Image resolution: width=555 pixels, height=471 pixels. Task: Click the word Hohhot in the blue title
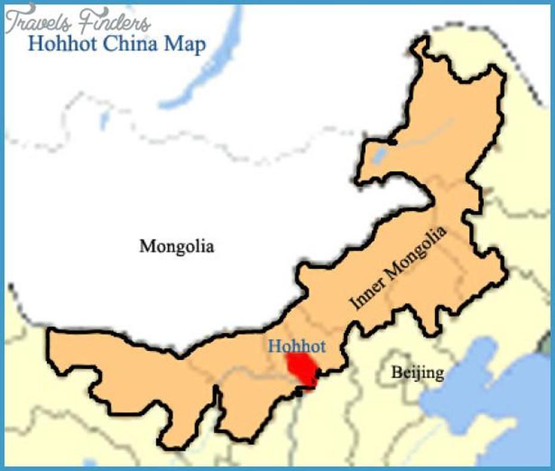(64, 45)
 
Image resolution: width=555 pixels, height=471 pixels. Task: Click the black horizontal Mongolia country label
(177, 246)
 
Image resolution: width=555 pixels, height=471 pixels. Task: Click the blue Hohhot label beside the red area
(297, 346)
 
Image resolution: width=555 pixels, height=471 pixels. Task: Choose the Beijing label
(418, 373)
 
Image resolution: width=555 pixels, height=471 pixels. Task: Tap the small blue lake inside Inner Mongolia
(378, 156)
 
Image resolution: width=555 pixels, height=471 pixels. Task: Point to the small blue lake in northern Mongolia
(105, 120)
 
